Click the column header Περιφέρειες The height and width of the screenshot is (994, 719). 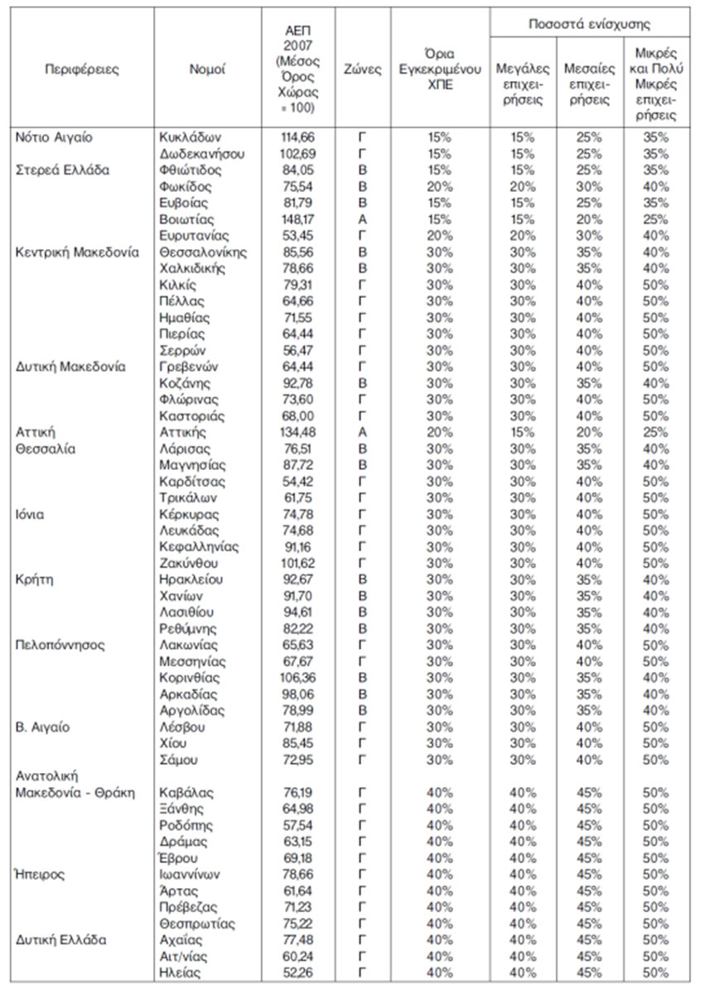pyautogui.click(x=82, y=70)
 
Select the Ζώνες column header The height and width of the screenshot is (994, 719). pyautogui.click(x=363, y=70)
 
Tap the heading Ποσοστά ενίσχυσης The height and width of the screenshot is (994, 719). pyautogui.click(x=590, y=24)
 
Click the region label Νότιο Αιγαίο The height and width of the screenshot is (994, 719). pyautogui.click(x=53, y=137)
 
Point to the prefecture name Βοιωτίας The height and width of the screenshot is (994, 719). pyautogui.click(x=186, y=219)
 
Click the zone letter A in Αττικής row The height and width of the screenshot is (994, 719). pyautogui.click(x=362, y=433)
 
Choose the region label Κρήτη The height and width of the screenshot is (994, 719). pyautogui.click(x=36, y=580)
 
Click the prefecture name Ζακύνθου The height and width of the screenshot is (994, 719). pyautogui.click(x=190, y=564)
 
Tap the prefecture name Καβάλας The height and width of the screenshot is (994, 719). pyautogui.click(x=186, y=792)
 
